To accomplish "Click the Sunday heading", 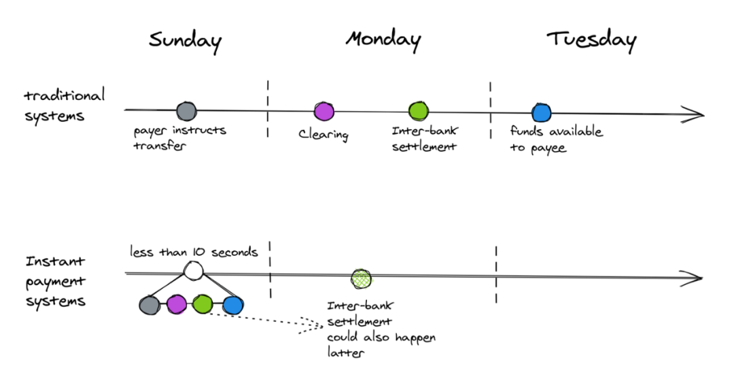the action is point(185,42).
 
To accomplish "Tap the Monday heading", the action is point(383,40).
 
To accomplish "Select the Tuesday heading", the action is point(591,40).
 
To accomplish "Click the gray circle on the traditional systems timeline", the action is point(186,111).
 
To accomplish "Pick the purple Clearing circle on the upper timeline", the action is point(324,112).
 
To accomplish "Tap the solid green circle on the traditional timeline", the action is point(418,112).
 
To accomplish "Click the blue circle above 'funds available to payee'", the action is point(541,113).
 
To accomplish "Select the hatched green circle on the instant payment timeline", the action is point(361,278).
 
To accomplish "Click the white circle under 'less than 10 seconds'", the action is point(193,271).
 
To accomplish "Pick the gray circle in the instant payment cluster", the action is point(150,305).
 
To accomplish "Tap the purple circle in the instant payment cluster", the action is point(177,304).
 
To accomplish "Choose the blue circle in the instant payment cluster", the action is point(233,306).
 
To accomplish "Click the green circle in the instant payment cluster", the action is point(203,304).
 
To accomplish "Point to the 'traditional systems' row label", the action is point(64,105).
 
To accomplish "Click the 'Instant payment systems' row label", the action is point(56,281).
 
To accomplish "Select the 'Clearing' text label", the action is point(324,135).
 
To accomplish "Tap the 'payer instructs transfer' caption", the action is point(179,137).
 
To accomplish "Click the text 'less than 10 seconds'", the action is point(194,252).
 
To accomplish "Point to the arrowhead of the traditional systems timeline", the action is point(693,114).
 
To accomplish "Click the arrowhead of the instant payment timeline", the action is point(691,278).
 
